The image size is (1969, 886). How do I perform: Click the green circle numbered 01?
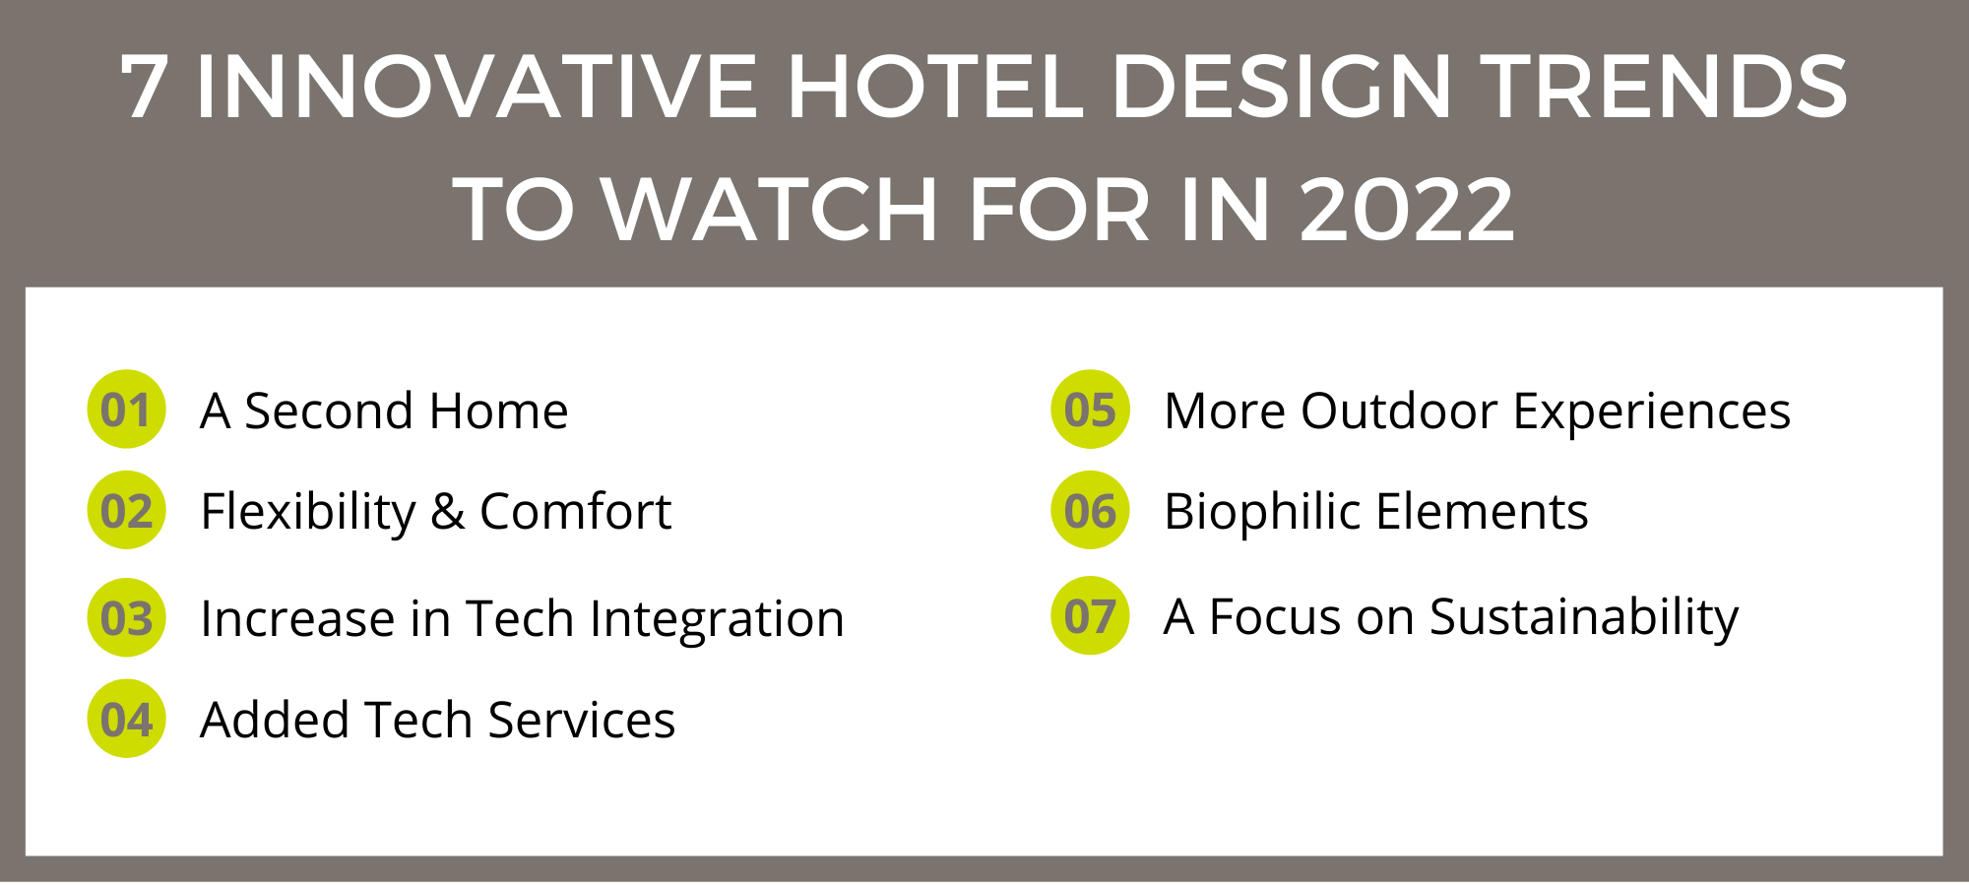[x=126, y=410]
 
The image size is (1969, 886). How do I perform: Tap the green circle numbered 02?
[x=126, y=511]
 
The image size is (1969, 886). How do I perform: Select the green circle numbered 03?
[x=126, y=618]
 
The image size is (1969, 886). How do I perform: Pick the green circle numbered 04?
[x=126, y=720]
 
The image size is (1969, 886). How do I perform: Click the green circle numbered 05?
[x=1090, y=410]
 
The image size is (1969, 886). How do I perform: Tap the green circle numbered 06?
[x=1090, y=511]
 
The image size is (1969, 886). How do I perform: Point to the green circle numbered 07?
[x=1090, y=616]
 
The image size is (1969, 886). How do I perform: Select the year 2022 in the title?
[x=1407, y=209]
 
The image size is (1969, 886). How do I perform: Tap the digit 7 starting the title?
[x=144, y=87]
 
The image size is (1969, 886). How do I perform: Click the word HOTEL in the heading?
[x=934, y=87]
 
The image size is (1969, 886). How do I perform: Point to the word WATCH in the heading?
[x=770, y=209]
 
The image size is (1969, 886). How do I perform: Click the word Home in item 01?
[x=498, y=411]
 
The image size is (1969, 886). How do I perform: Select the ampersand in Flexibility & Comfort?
[x=448, y=512]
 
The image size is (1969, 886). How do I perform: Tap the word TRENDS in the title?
[x=1663, y=87]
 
